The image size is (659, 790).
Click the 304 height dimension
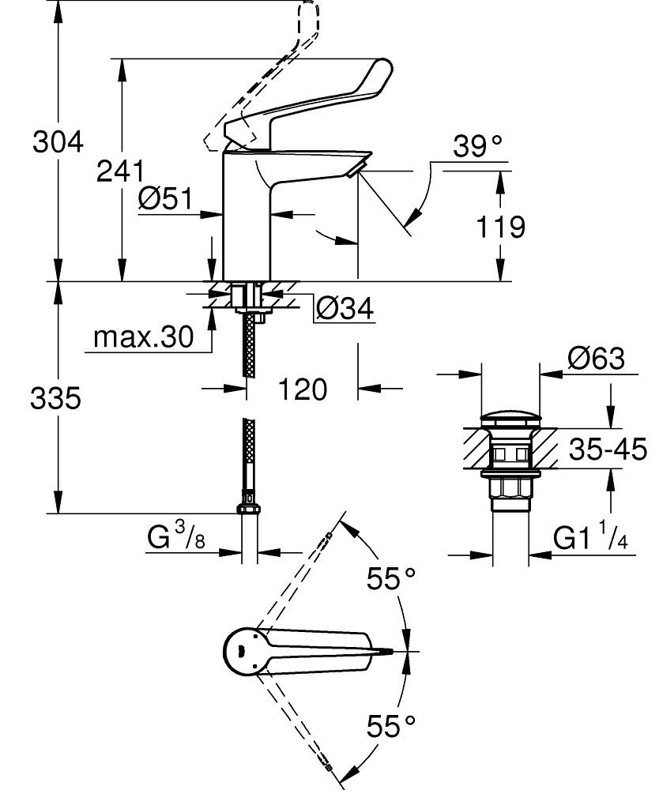(x=58, y=142)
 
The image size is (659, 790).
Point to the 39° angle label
(x=478, y=146)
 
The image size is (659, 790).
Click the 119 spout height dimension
(x=501, y=228)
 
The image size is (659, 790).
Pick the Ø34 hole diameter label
(x=344, y=307)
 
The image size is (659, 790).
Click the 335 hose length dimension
(x=56, y=400)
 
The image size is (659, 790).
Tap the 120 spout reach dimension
(x=303, y=389)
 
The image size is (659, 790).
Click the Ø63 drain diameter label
(x=595, y=359)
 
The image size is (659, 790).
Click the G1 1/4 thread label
(x=589, y=539)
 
